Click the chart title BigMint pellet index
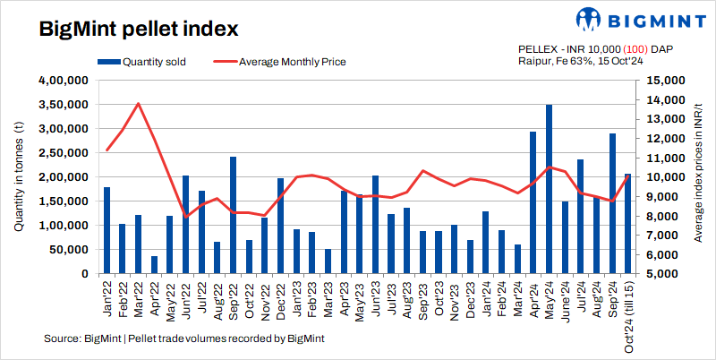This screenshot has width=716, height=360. click(x=139, y=29)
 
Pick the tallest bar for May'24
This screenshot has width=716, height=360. click(x=549, y=189)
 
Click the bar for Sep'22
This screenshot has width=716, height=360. click(x=233, y=215)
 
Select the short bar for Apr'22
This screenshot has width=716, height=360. click(x=154, y=264)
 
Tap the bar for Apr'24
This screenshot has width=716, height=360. click(x=533, y=202)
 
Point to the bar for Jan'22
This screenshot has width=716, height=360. click(x=107, y=230)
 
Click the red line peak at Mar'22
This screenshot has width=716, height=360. click(x=138, y=103)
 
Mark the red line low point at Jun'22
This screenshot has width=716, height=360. click(x=186, y=217)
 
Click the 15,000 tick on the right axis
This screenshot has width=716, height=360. click(x=661, y=81)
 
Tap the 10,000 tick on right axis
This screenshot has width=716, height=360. click(x=661, y=177)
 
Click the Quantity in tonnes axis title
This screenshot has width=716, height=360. click(x=19, y=176)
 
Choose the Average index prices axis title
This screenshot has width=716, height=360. click(x=698, y=176)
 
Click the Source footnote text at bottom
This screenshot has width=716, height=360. click(x=183, y=339)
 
